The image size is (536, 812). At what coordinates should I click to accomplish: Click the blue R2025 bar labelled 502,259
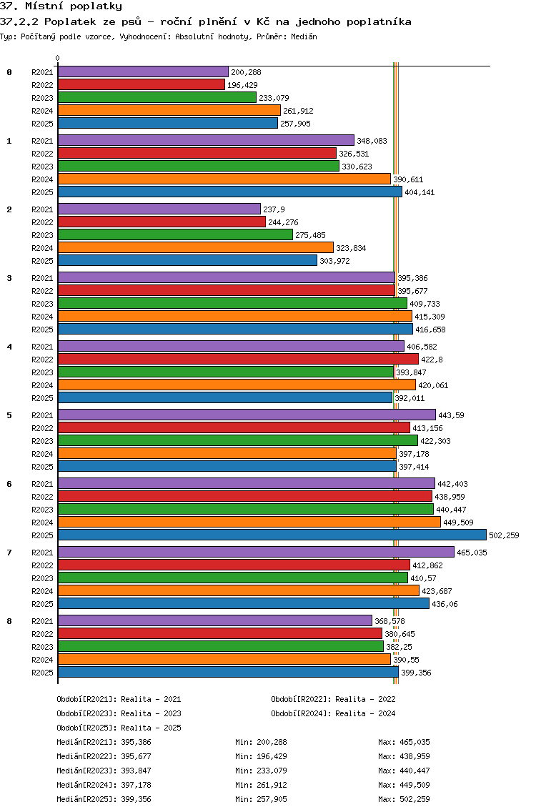tap(272, 535)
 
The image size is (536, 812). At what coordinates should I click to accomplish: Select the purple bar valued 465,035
tap(256, 552)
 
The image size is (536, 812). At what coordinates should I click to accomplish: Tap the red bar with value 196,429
tap(142, 84)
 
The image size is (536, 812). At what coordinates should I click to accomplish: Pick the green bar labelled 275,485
tap(175, 234)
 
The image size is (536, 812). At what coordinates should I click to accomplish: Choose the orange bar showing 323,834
tap(195, 247)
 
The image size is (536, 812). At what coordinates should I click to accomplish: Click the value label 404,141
tap(420, 192)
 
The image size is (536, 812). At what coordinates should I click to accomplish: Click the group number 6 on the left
tap(9, 484)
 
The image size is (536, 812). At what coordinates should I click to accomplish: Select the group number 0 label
tap(9, 72)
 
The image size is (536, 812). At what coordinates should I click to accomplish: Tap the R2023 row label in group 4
tap(42, 372)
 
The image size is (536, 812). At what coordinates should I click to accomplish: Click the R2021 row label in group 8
tap(42, 621)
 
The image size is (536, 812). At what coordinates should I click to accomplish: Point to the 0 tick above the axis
tap(58, 59)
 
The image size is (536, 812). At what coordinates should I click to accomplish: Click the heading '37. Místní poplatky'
tap(61, 6)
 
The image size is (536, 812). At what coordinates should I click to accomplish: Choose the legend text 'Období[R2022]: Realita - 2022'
tap(333, 699)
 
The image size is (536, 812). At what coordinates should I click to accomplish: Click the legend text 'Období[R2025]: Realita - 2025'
tap(119, 728)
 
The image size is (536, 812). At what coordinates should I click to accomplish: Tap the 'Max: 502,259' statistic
tap(404, 799)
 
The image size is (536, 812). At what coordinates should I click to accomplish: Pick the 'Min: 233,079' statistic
tap(261, 771)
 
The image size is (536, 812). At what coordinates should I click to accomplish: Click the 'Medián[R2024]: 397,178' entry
tap(104, 785)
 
